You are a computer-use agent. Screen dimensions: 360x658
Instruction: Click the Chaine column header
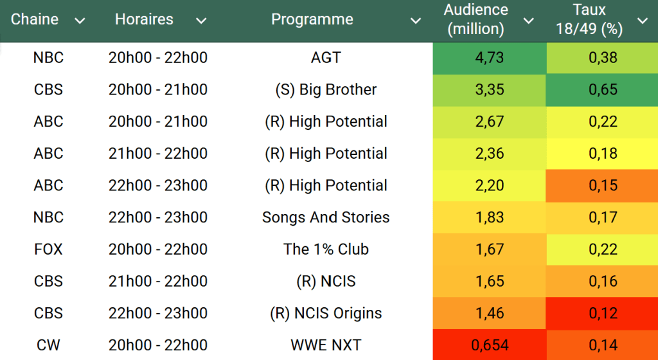coord(35,19)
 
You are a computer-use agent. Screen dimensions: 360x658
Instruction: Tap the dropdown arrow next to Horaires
coord(201,21)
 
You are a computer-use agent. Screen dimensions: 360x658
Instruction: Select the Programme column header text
coord(312,19)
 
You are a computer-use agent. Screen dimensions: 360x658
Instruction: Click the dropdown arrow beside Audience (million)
coord(528,21)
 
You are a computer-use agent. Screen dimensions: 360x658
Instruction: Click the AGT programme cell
coord(326,58)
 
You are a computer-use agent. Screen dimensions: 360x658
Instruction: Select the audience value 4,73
coord(490,58)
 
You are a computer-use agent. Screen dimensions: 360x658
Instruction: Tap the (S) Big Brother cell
coord(326,89)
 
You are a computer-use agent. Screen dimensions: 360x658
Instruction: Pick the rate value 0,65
coord(603,89)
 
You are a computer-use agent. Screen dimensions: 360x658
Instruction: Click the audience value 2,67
coord(490,122)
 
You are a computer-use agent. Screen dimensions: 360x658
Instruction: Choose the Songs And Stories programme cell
coord(326,217)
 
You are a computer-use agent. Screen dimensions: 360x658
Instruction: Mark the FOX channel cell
coord(48,249)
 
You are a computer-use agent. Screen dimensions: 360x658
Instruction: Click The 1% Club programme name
coord(326,249)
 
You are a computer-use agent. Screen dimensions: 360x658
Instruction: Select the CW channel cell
coord(48,345)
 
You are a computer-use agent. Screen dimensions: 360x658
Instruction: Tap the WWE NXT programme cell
coord(326,345)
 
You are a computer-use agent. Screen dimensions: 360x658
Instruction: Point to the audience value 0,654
coord(490,345)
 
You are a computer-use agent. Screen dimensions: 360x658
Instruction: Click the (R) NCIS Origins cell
coord(326,313)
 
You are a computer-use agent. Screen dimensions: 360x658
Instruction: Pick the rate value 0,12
coord(603,313)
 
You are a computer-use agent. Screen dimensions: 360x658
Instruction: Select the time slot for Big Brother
coord(158,89)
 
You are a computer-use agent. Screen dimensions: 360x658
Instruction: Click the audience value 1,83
coord(490,217)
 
